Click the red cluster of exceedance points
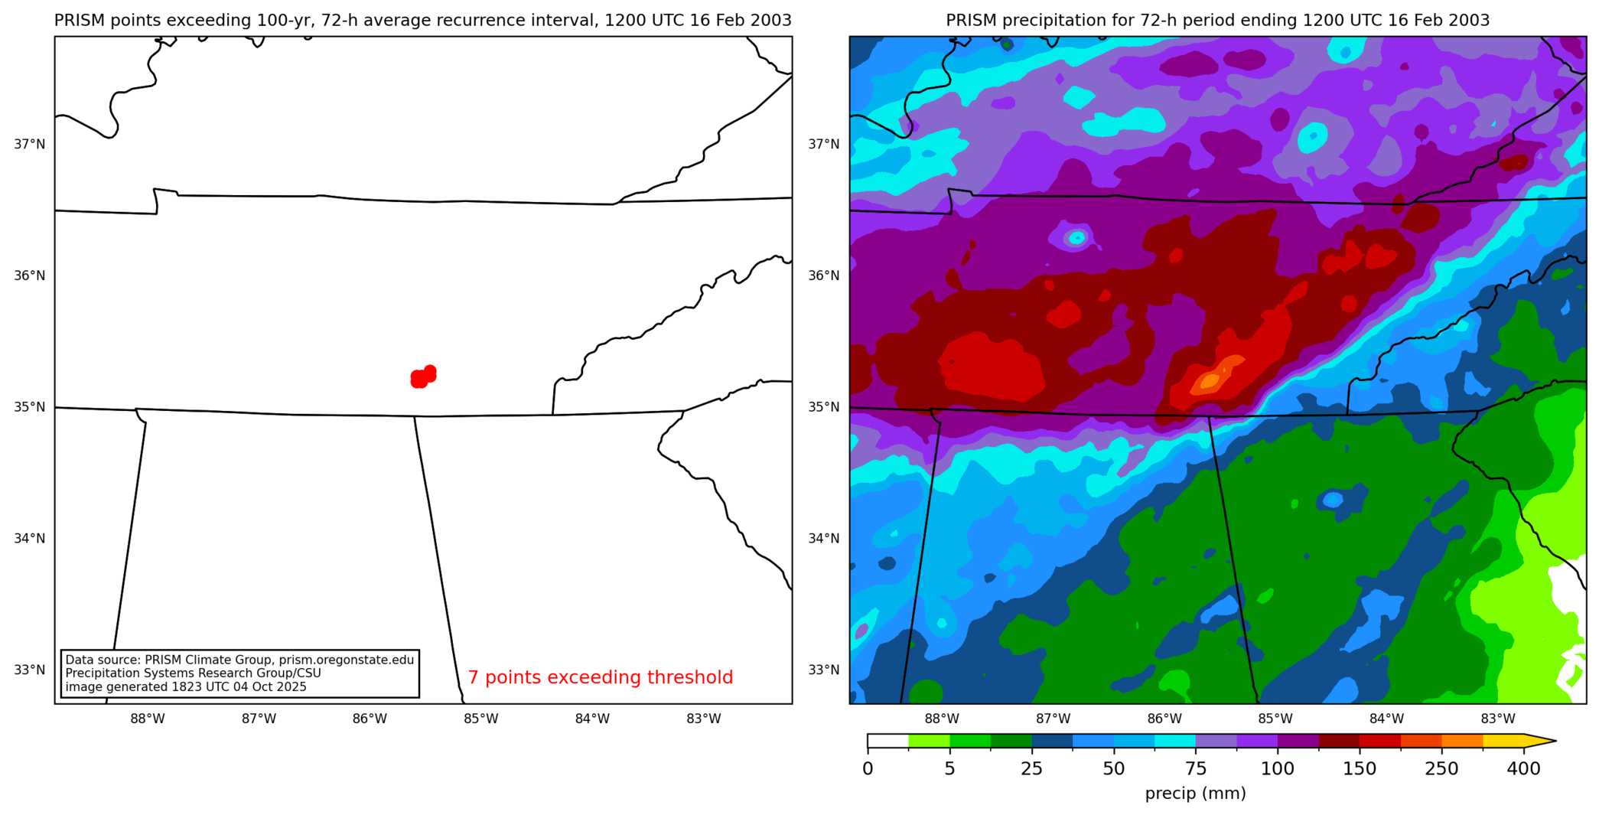(422, 377)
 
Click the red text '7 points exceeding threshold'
(600, 677)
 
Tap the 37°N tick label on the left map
(30, 144)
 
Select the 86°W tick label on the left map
(370, 719)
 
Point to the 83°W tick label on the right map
(1497, 719)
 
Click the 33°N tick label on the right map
(824, 670)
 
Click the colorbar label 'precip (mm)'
(1195, 794)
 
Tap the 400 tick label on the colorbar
(1523, 769)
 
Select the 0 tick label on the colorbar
(868, 769)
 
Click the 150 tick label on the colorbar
(1360, 769)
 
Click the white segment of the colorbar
(887, 741)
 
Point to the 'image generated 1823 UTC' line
(185, 687)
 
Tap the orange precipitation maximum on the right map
(1211, 380)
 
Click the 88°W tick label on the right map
(942, 719)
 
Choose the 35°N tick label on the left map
(30, 407)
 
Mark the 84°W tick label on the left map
(592, 719)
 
